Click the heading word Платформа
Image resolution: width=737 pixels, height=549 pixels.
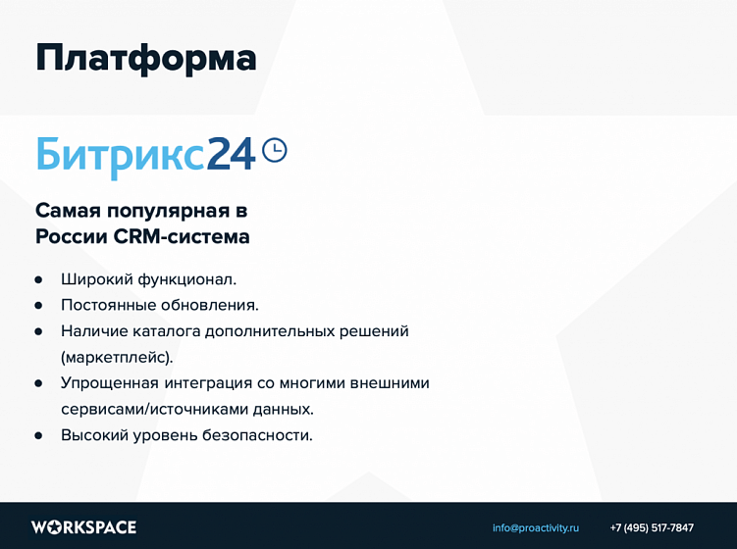pyautogui.click(x=145, y=57)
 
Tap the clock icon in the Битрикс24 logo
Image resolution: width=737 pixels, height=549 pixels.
pyautogui.click(x=276, y=150)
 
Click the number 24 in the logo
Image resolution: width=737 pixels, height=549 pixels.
pyautogui.click(x=232, y=154)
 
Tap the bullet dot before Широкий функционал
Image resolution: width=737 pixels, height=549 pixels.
pyautogui.click(x=38, y=279)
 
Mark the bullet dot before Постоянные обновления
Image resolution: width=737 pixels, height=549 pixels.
pyautogui.click(x=38, y=305)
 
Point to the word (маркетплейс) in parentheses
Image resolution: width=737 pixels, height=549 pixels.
pyautogui.click(x=116, y=357)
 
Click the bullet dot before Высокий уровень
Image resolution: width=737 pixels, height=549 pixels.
pyautogui.click(x=38, y=435)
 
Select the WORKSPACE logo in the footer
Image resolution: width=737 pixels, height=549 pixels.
pyautogui.click(x=83, y=527)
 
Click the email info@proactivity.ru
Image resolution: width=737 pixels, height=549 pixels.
pyautogui.click(x=536, y=527)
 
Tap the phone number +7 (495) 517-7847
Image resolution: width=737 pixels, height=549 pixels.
pyautogui.click(x=652, y=527)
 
